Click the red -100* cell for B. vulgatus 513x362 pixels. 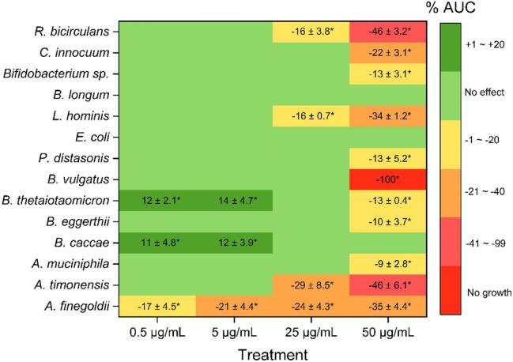coord(388,179)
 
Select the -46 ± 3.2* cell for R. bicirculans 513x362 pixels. coord(388,32)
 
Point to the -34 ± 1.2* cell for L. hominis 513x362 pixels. coord(388,116)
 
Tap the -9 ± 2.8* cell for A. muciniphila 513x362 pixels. coord(388,262)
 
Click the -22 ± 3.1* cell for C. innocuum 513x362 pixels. coord(388,54)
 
